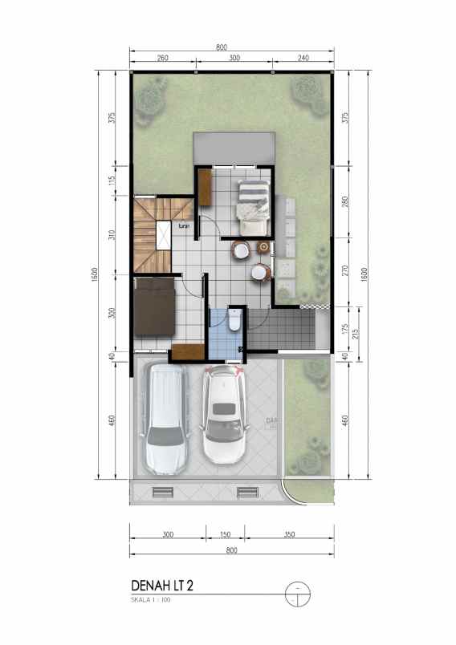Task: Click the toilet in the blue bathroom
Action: (234, 322)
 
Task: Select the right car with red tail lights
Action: (225, 416)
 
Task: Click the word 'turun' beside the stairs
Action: (185, 225)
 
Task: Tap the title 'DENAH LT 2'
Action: (161, 586)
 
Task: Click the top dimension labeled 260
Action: (162, 59)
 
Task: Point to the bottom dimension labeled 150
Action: (226, 533)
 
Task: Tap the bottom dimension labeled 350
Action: (289, 533)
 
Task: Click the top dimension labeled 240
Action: (303, 59)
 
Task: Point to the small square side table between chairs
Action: (262, 256)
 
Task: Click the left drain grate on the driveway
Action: (163, 492)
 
